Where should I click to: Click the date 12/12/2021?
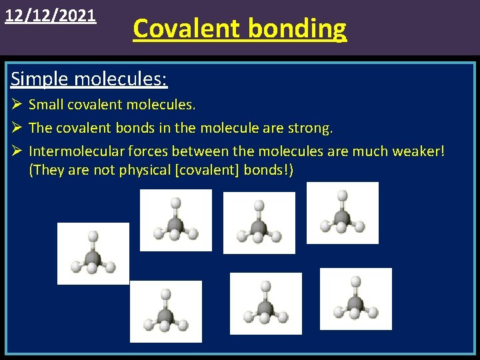point(51,15)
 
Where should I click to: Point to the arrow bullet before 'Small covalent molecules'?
point(17,105)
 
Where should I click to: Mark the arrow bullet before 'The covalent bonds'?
point(17,127)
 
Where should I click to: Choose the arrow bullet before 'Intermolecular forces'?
point(17,151)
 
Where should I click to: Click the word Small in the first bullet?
point(46,105)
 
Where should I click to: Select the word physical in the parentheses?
point(143,170)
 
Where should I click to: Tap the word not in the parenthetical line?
point(105,170)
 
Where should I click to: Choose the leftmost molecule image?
point(93,253)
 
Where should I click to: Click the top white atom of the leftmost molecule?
point(93,235)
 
